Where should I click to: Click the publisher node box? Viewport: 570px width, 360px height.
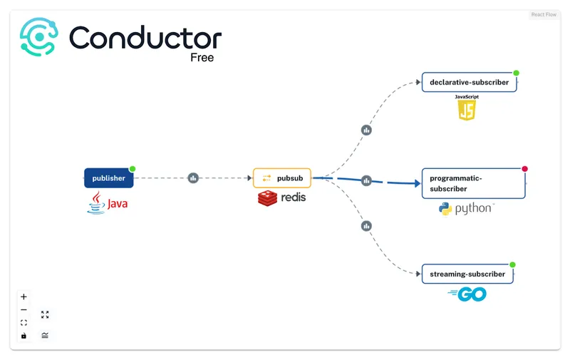point(108,178)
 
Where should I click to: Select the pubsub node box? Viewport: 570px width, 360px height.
point(282,178)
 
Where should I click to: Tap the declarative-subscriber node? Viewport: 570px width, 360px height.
point(469,82)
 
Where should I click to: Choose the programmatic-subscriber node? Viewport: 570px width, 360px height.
point(473,183)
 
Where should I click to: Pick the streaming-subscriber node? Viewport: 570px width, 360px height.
point(467,274)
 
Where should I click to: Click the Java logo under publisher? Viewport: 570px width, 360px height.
point(108,204)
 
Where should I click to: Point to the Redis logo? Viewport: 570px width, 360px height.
point(281,197)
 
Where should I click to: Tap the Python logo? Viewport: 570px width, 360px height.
point(466,209)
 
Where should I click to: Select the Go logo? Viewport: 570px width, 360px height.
point(467,294)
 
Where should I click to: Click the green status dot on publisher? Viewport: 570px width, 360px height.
point(133,169)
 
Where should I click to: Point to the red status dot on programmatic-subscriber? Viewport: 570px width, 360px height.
point(525,169)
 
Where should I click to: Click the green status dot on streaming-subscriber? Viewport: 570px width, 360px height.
point(512,264)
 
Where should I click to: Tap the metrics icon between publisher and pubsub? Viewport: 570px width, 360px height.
point(193,178)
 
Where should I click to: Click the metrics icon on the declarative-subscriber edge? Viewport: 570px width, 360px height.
point(366,130)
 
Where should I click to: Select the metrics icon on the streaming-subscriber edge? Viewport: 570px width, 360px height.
point(366,226)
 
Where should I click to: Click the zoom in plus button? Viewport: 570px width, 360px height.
point(24,297)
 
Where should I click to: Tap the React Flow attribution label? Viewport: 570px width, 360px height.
point(544,14)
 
